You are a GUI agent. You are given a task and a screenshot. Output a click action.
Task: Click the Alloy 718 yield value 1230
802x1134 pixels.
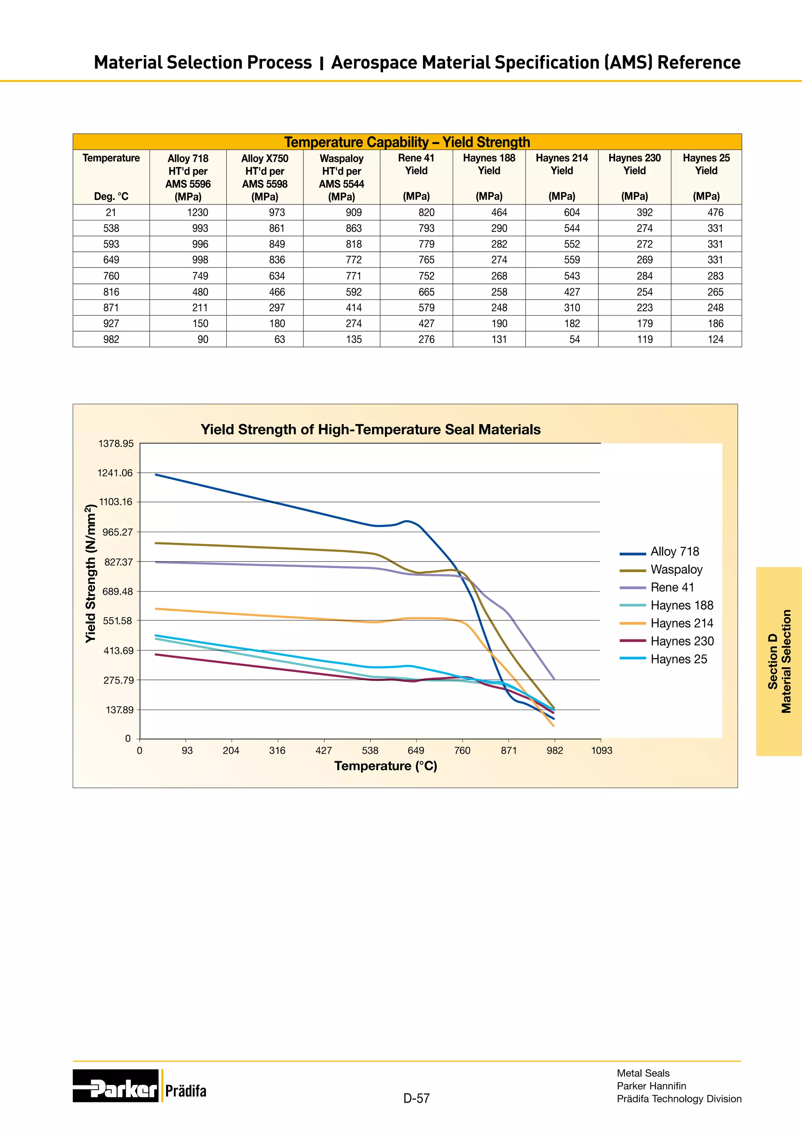[x=197, y=212]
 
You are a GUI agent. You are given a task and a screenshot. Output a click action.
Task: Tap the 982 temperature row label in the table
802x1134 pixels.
[x=111, y=339]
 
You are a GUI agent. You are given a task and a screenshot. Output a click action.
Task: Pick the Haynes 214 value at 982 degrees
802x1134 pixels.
[x=574, y=339]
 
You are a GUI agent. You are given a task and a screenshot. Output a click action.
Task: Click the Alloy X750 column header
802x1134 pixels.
[x=265, y=177]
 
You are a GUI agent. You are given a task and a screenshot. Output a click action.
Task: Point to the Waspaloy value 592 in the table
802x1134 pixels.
[x=354, y=292]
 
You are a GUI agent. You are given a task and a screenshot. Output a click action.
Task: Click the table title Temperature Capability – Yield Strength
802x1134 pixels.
[x=407, y=142]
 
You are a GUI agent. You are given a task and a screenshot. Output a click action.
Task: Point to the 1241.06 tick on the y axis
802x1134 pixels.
[x=115, y=473]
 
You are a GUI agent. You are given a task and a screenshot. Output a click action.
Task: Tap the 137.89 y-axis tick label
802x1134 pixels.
[x=119, y=710]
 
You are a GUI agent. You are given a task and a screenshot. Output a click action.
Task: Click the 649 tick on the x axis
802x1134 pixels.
[x=416, y=750]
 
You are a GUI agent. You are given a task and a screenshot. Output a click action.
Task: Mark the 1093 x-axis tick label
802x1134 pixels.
[x=601, y=750]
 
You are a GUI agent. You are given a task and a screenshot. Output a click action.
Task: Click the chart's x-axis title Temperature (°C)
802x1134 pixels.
[x=386, y=766]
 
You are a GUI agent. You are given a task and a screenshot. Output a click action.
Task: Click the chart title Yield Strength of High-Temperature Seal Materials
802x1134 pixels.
[x=370, y=429]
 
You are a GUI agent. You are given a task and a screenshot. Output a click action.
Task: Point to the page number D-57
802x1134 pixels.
[x=416, y=1098]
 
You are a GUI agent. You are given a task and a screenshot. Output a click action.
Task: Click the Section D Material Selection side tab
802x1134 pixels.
[x=779, y=661]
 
